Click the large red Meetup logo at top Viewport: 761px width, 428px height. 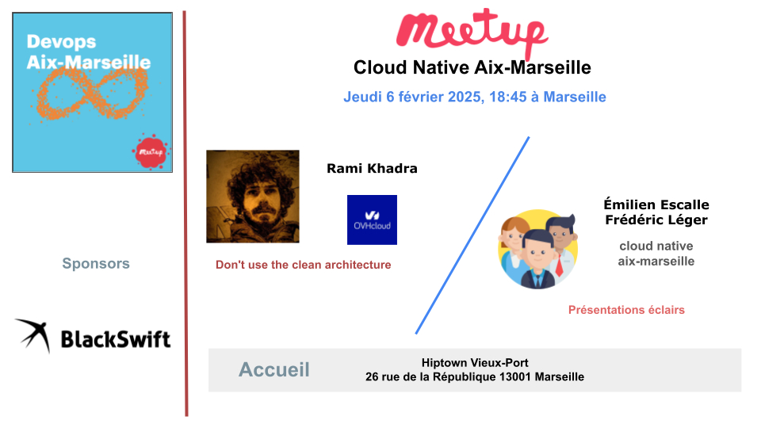(x=472, y=32)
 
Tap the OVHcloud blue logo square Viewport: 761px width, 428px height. (x=372, y=220)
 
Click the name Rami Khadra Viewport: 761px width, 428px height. (x=372, y=168)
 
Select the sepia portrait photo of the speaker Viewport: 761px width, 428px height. (x=252, y=196)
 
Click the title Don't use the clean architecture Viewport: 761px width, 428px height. (x=304, y=265)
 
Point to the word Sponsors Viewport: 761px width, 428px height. (x=96, y=263)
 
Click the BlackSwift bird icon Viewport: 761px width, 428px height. (x=33, y=334)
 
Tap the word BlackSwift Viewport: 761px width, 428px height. (x=116, y=339)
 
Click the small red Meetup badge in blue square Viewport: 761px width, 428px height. (x=151, y=151)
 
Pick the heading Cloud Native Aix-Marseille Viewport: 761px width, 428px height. (x=472, y=67)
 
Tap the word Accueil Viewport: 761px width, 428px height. (x=273, y=370)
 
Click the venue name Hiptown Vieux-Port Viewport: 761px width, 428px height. (x=475, y=362)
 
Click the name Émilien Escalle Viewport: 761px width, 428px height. (x=656, y=204)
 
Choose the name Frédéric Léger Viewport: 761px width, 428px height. (x=656, y=220)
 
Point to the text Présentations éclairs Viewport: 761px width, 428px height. (x=626, y=310)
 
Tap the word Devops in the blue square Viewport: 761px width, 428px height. (x=61, y=42)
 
